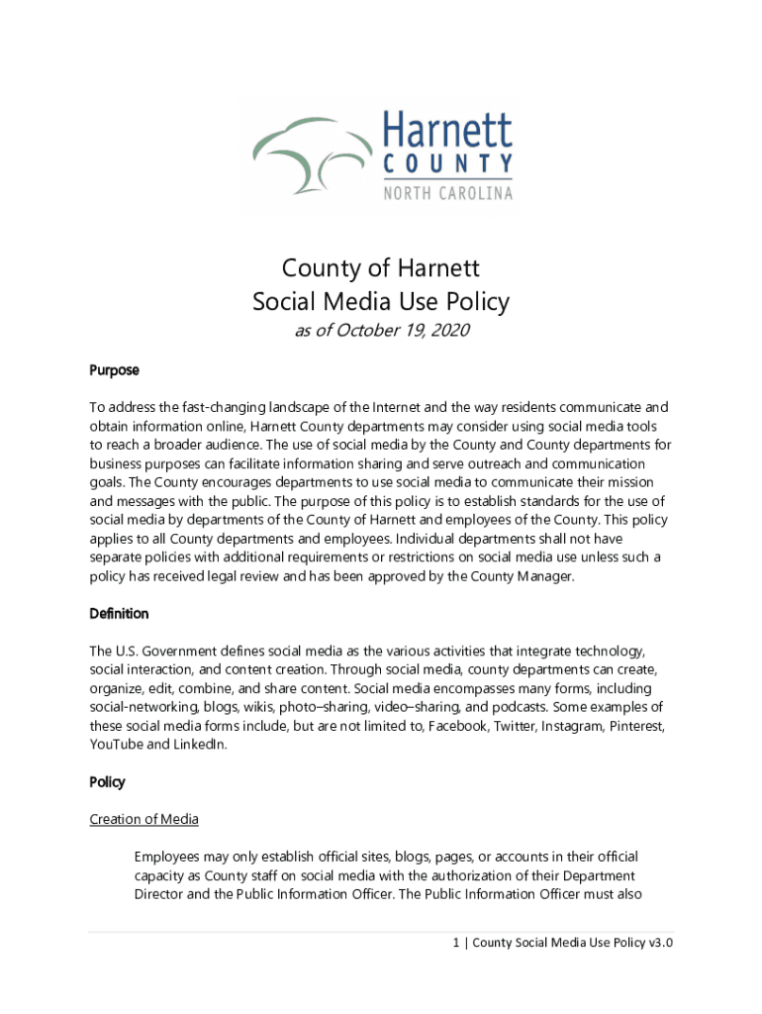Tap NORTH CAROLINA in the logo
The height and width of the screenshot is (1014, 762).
tap(447, 193)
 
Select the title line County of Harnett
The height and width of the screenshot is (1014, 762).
tap(380, 268)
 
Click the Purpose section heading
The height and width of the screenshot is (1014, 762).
tap(114, 370)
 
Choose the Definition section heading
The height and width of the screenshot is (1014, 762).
tap(119, 614)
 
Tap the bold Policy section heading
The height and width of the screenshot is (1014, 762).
tap(107, 782)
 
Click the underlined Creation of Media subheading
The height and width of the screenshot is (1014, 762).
tap(143, 819)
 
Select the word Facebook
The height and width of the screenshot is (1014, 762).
tap(458, 726)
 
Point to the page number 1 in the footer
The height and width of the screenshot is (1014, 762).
tap(456, 943)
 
